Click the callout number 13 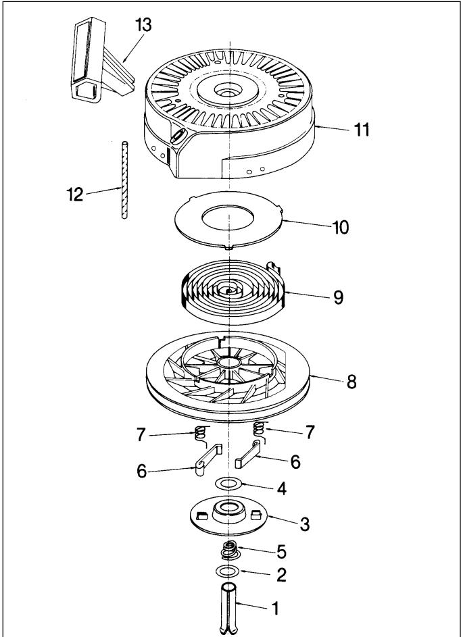pyautogui.click(x=143, y=25)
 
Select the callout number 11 pyautogui.click(x=362, y=130)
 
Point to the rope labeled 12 pyautogui.click(x=124, y=180)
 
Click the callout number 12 pyautogui.click(x=75, y=195)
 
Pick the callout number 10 pyautogui.click(x=341, y=228)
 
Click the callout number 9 pyautogui.click(x=338, y=297)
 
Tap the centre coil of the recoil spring pyautogui.click(x=229, y=291)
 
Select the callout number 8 pyautogui.click(x=351, y=382)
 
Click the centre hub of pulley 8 pyautogui.click(x=228, y=361)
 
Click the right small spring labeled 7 pyautogui.click(x=259, y=430)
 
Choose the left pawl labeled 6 pyautogui.click(x=208, y=459)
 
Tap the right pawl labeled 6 pyautogui.click(x=248, y=453)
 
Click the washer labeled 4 pyautogui.click(x=229, y=484)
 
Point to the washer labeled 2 pyautogui.click(x=228, y=571)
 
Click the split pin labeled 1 pyautogui.click(x=229, y=609)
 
